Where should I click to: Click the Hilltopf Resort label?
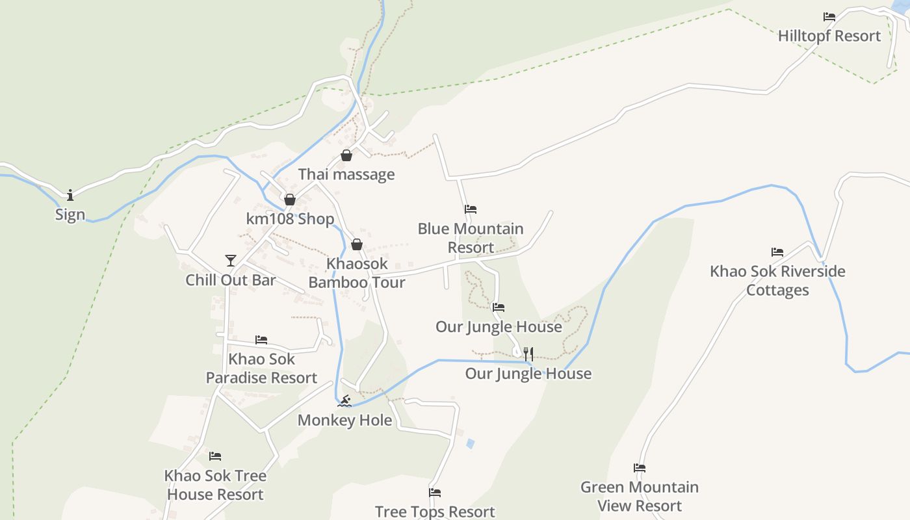pyautogui.click(x=829, y=36)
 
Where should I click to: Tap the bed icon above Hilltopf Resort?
pyautogui.click(x=829, y=17)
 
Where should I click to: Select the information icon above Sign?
pyautogui.click(x=70, y=195)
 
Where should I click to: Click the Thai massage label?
pyautogui.click(x=346, y=174)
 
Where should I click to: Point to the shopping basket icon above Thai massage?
pyautogui.click(x=346, y=155)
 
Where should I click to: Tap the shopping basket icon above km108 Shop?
pyautogui.click(x=290, y=200)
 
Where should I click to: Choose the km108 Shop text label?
pyautogui.click(x=290, y=219)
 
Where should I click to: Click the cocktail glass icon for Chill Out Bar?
pyautogui.click(x=231, y=261)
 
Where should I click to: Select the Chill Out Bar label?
pyautogui.click(x=231, y=280)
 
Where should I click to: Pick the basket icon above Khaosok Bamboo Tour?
pyautogui.click(x=357, y=244)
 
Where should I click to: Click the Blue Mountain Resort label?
pyautogui.click(x=471, y=238)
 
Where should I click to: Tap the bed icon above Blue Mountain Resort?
pyautogui.click(x=471, y=209)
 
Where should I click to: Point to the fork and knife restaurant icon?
pyautogui.click(x=528, y=354)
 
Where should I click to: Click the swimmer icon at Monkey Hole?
pyautogui.click(x=344, y=401)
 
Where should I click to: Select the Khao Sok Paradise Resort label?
pyautogui.click(x=261, y=368)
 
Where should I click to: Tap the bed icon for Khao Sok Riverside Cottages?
pyautogui.click(x=777, y=252)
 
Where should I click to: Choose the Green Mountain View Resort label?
pyautogui.click(x=640, y=496)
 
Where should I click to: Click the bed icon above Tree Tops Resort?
pyautogui.click(x=435, y=493)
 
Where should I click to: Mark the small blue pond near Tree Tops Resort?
pyautogui.click(x=470, y=443)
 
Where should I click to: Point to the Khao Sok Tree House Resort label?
pyautogui.click(x=215, y=484)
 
